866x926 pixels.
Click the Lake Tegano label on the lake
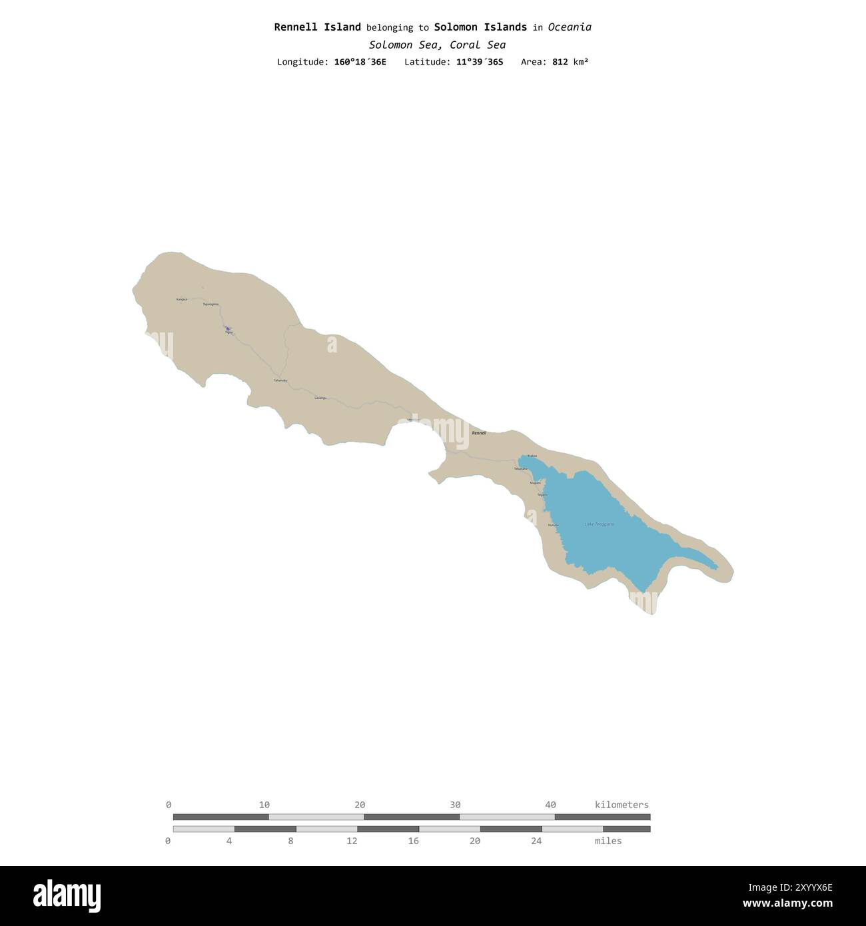[x=599, y=524]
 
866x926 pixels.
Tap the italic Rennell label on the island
[x=479, y=433]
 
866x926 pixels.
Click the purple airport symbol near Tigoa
[x=227, y=328]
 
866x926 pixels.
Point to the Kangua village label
[x=181, y=300]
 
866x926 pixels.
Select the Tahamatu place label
[x=280, y=380]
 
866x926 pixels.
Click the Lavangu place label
[x=320, y=398]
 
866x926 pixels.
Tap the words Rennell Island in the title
[x=317, y=27]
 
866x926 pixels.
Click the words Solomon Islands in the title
[x=480, y=27]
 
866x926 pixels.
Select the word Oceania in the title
[x=570, y=27]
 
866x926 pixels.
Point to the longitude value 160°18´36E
[x=360, y=62]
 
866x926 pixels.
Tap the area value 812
[x=560, y=62]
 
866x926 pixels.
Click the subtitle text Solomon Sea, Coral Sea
[x=437, y=45]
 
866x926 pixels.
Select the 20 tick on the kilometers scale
[x=360, y=805]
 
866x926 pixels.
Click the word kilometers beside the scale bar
[x=622, y=805]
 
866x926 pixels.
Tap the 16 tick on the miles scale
[x=413, y=841]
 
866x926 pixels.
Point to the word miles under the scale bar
[x=608, y=841]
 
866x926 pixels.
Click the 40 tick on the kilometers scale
[x=550, y=805]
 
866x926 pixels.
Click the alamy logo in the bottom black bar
[x=67, y=895]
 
